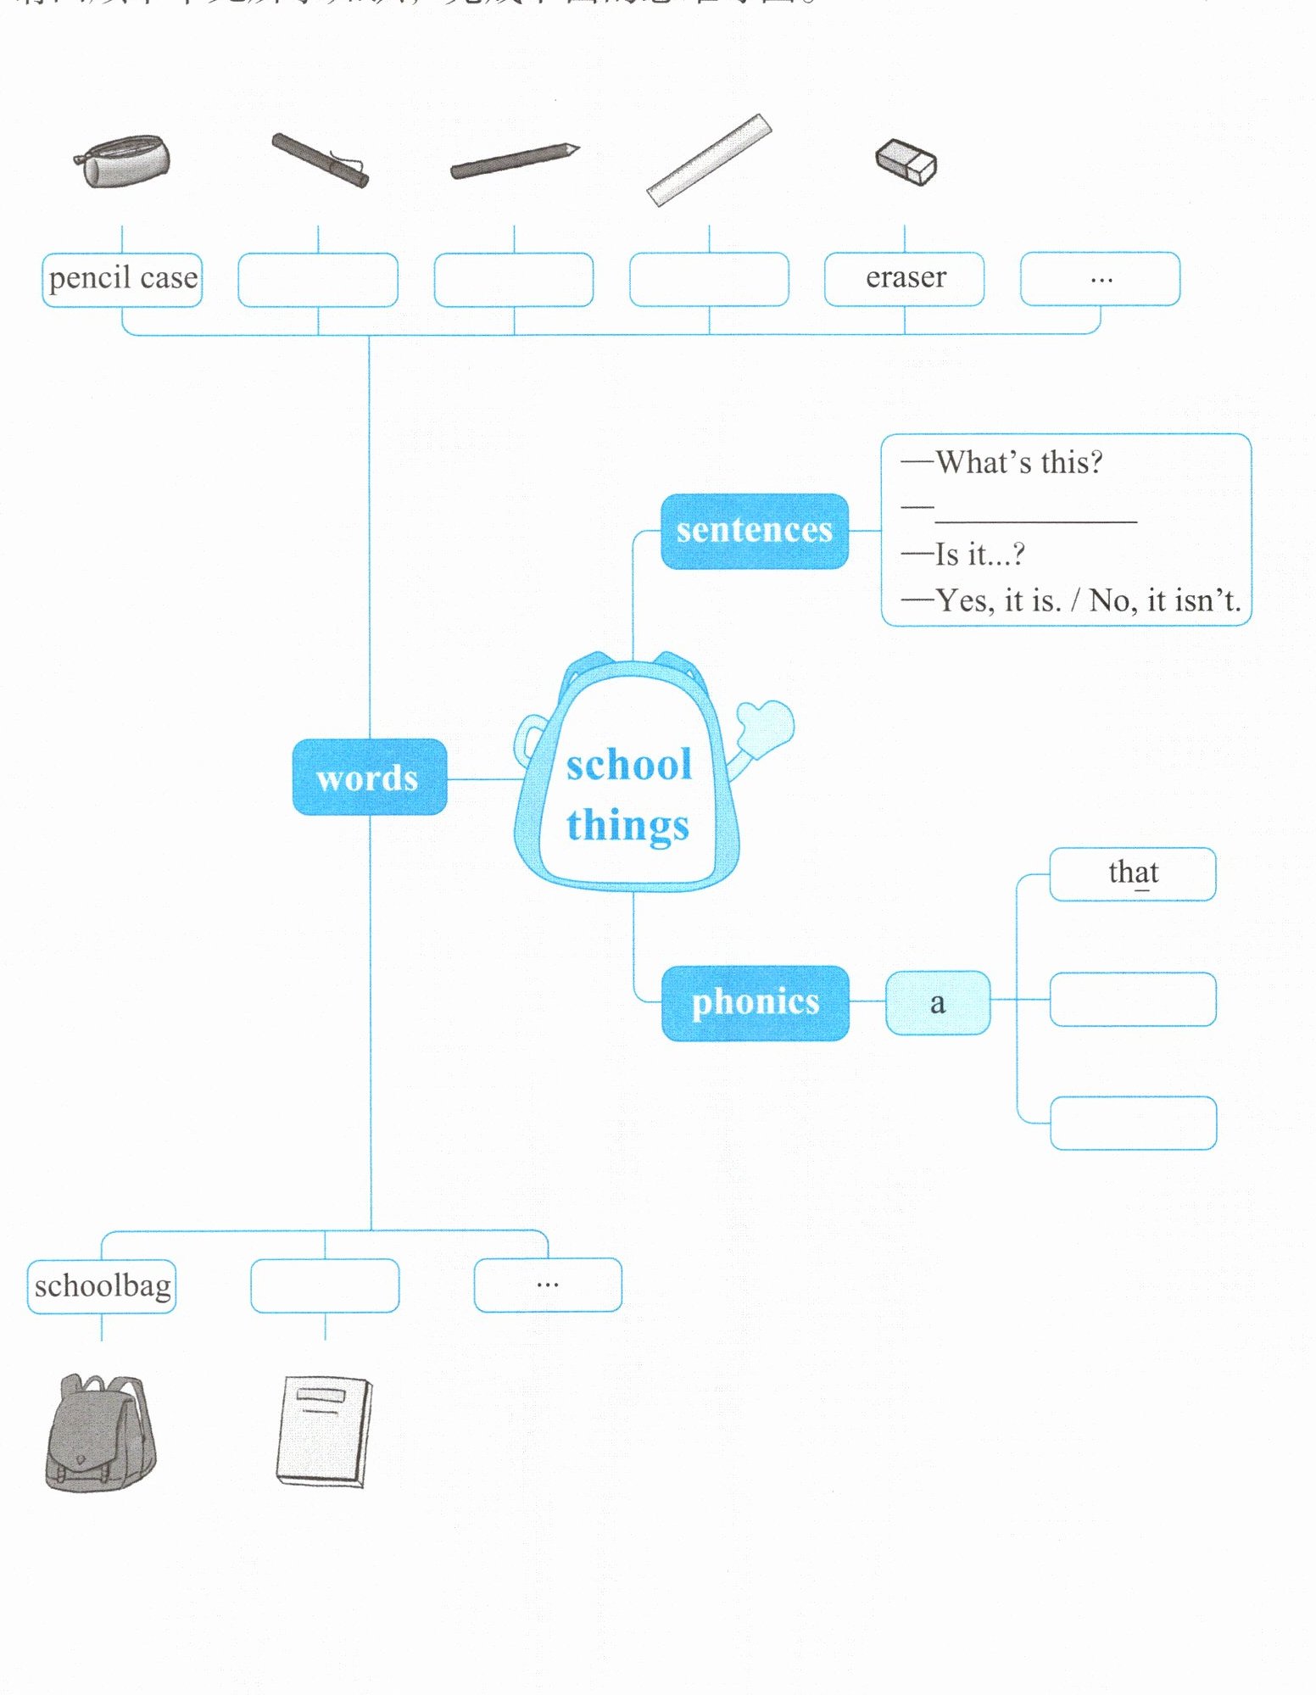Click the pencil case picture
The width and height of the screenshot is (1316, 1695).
tap(123, 160)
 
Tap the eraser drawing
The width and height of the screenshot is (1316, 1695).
tap(906, 161)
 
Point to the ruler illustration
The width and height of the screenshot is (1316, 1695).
tap(709, 160)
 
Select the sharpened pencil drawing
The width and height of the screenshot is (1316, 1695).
tap(514, 160)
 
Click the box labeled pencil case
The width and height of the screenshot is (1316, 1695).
tap(122, 279)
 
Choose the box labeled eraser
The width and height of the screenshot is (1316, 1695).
tap(905, 278)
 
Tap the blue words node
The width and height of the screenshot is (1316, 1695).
tap(369, 778)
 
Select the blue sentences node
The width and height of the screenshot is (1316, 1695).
tap(754, 531)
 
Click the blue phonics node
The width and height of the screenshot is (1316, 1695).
tap(755, 1002)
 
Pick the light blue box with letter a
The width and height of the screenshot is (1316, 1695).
tap(938, 1003)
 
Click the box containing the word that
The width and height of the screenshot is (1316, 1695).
tap(1133, 873)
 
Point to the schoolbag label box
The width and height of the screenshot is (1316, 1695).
tap(102, 1286)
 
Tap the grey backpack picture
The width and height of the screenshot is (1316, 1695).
tap(100, 1432)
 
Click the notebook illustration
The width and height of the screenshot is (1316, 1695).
tap(324, 1430)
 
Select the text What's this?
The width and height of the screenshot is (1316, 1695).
tap(1018, 463)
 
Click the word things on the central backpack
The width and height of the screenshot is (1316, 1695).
tap(627, 825)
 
